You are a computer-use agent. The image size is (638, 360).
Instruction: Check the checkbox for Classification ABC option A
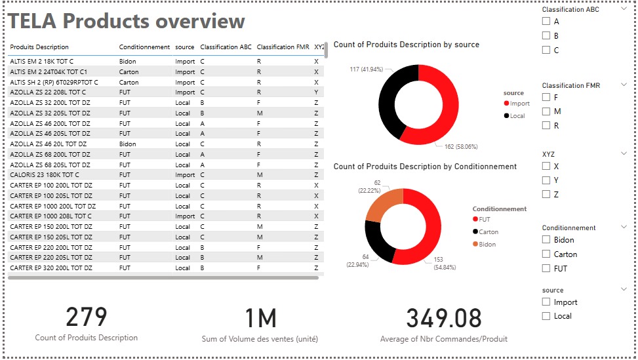[546, 21]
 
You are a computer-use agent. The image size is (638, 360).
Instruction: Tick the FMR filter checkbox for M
[546, 111]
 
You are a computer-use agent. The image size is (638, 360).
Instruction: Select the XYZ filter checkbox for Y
[546, 180]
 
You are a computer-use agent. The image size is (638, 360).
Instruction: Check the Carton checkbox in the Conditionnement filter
[546, 254]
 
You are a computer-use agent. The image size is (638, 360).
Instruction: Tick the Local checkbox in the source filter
[546, 316]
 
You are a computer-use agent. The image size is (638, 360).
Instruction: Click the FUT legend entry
[483, 220]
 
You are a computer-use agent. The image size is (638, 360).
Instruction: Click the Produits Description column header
[39, 47]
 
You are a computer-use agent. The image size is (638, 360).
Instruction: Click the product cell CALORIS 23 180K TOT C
[45, 175]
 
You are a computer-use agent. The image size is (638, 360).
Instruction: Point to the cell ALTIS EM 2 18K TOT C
[42, 62]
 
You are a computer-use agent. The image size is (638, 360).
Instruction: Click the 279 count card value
[87, 317]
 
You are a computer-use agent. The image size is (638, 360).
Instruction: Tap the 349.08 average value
[444, 319]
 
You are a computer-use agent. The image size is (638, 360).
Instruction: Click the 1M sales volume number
[260, 319]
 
